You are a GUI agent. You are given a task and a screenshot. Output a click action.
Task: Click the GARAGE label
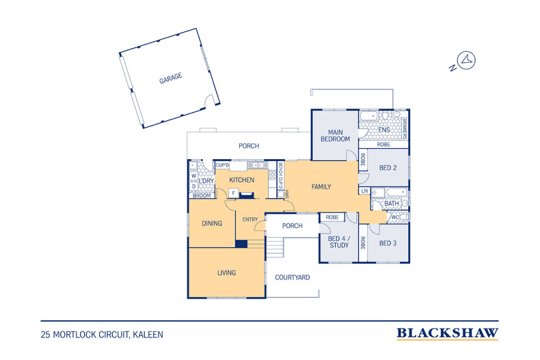coord(170,78)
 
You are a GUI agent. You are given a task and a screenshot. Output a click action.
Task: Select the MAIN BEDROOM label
coord(335,136)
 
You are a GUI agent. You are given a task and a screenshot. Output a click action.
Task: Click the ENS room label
coord(384,130)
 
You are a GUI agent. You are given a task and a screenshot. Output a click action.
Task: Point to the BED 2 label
coord(388,168)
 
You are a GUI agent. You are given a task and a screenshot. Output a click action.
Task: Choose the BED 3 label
coord(388,243)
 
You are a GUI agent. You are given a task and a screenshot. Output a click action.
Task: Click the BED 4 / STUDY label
coord(339,242)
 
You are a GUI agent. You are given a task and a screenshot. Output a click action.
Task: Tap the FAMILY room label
coord(321,186)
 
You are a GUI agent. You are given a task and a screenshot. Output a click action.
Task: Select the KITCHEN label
coord(242,180)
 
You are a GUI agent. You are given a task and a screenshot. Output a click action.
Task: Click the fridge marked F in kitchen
coord(234,193)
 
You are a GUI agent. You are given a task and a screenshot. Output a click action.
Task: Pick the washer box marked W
coord(194,176)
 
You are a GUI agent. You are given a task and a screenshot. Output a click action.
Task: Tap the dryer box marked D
coord(194,186)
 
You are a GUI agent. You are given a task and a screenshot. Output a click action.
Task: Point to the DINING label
coord(212,223)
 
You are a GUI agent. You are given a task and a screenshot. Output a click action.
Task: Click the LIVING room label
coord(227,273)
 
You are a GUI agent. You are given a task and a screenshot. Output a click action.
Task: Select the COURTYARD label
coord(293,277)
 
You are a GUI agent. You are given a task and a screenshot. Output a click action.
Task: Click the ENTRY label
coord(250,219)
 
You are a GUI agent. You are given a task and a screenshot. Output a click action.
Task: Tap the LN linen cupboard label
coord(364,191)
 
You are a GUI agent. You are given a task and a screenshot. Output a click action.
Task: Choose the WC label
coord(395,217)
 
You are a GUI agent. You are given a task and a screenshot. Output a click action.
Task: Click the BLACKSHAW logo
coord(447,333)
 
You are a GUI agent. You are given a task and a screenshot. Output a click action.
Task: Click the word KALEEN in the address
coord(148,335)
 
